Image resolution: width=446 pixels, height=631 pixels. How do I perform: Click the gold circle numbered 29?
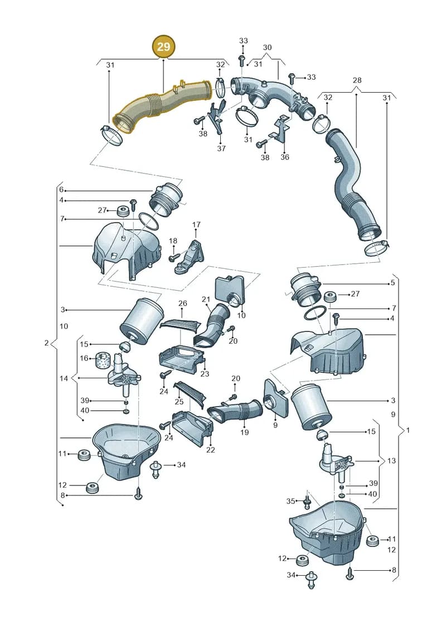[163, 47]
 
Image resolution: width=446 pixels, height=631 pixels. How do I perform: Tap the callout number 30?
[267, 47]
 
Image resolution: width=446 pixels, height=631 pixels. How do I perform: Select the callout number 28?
[357, 80]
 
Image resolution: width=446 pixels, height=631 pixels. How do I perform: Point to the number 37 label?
[221, 148]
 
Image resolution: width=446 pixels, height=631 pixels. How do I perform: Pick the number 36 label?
[285, 157]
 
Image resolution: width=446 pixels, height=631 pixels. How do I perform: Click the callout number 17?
[196, 224]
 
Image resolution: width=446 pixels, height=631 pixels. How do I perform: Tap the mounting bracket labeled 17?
[190, 257]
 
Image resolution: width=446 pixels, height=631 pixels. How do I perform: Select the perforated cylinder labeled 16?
[102, 360]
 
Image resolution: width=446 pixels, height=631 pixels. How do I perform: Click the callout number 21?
[206, 300]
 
